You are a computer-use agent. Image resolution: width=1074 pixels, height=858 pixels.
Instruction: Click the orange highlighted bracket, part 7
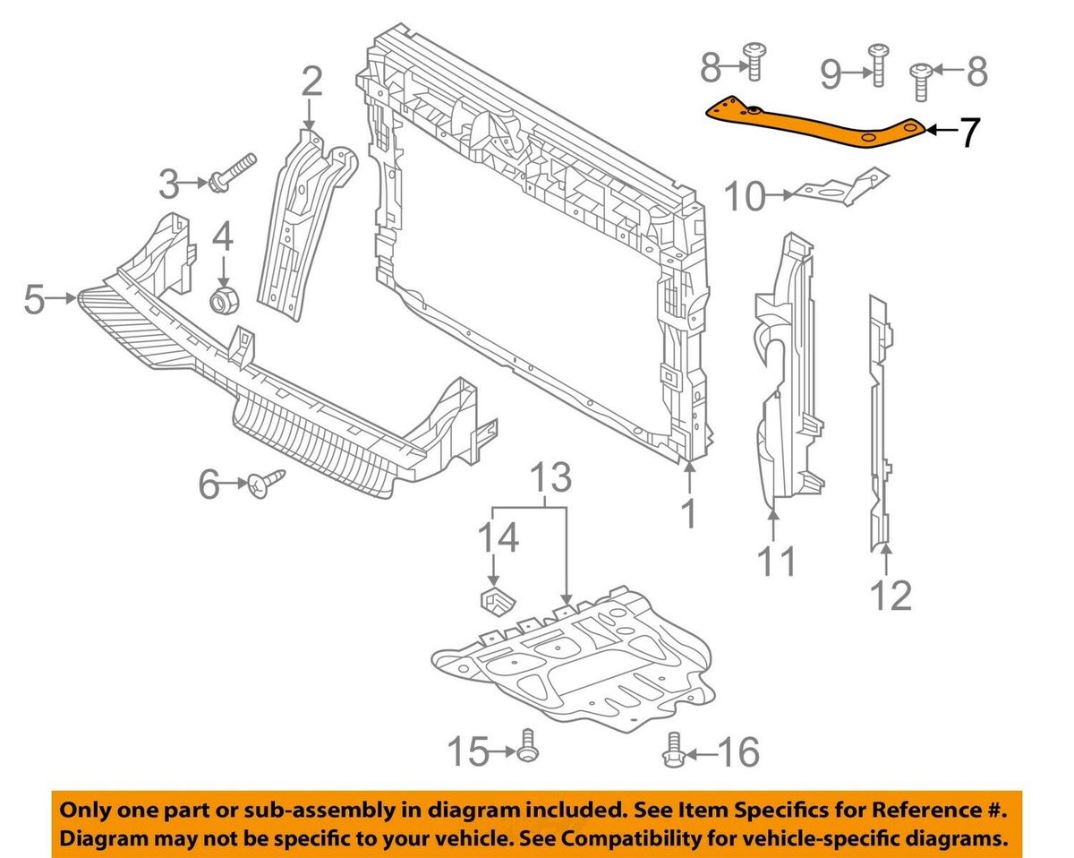(x=814, y=125)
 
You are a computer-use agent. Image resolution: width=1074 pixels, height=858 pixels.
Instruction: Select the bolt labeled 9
(x=875, y=65)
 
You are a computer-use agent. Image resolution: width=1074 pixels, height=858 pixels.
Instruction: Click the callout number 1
(x=688, y=514)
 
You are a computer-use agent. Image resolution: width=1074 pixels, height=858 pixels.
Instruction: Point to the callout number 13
(x=552, y=479)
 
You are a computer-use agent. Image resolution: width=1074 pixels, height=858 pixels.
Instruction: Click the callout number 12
(x=891, y=594)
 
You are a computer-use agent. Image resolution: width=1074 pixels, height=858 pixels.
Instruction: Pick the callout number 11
(x=776, y=562)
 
